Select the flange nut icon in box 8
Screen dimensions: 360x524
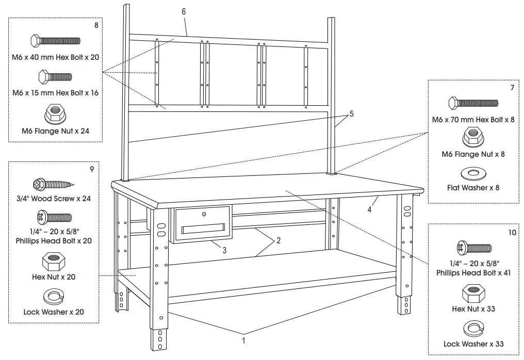pos(55,112)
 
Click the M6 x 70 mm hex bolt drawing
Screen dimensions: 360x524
pos(473,103)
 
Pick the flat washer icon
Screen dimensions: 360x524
pos(473,173)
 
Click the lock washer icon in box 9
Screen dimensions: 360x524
pos(53,297)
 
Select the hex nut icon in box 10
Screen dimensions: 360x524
pos(473,293)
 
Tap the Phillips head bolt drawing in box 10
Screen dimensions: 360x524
pos(473,248)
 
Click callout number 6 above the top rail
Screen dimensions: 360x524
pos(184,11)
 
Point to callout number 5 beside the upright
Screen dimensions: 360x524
pos(352,114)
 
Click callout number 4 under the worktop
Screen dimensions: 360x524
pos(369,210)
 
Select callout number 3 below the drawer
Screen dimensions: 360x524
pos(225,251)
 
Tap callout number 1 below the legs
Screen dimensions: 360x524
pos(244,340)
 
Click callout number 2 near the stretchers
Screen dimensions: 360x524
pos(279,241)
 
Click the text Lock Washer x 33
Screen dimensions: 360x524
pos(473,344)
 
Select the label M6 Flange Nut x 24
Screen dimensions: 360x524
pos(55,131)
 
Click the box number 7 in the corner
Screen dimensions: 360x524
pos(512,88)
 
